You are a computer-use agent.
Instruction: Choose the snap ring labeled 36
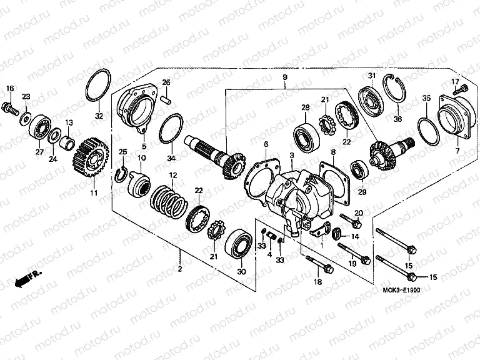pos(396,94)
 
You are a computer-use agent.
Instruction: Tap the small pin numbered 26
pos(166,97)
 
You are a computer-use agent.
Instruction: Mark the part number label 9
pos(285,77)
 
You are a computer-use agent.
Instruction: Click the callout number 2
pos(180,268)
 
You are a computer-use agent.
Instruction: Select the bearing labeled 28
pos(306,135)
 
